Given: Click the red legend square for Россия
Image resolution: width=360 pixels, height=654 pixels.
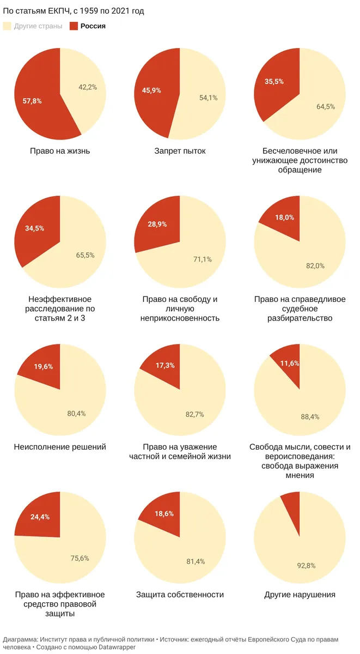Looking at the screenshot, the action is pos(74,26).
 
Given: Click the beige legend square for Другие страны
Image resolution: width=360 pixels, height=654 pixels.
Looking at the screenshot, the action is pos(7,26).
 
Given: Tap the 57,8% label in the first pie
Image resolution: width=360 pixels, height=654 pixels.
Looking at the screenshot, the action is pos(32,101).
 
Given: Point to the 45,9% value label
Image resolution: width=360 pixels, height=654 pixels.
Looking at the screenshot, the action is pos(151,90).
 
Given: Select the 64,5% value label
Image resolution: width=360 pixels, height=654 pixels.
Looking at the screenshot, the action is pos(326,107).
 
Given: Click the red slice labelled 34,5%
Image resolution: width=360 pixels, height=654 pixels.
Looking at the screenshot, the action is pos(36,231).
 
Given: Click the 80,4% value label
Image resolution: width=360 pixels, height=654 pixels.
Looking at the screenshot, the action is pos(76,414).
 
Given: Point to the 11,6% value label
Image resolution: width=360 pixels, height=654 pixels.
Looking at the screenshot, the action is pos(290,363).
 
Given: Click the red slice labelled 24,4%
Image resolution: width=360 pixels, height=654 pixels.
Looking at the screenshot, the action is pos(39,518).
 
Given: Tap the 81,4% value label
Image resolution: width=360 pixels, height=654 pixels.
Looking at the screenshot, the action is pos(196,561).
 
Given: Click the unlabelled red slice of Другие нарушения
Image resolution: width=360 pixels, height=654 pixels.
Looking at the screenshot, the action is pos(292,508).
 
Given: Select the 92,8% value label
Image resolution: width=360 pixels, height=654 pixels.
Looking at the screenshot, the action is pos(306,566).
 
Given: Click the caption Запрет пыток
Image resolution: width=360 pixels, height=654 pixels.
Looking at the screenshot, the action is pos(180,151).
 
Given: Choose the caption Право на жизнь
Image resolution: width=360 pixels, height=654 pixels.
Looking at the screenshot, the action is pos(60,151).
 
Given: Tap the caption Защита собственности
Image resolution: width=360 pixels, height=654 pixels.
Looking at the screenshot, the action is pos(180,595).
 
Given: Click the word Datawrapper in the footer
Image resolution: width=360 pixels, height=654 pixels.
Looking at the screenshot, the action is pos(117,647).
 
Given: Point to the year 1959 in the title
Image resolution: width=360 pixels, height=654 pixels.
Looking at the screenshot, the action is pos(89,11).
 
